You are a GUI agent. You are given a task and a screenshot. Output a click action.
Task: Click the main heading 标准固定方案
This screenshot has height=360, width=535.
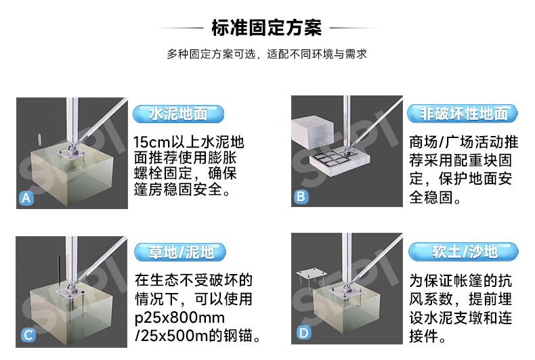click(266, 28)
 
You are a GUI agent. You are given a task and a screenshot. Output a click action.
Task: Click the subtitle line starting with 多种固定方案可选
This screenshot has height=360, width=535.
click(266, 54)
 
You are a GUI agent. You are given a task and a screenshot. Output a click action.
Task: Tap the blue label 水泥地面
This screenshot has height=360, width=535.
click(179, 114)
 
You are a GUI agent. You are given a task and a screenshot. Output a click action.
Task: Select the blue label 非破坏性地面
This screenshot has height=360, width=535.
click(463, 114)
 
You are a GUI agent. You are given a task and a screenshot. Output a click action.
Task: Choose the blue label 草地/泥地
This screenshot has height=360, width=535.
click(180, 252)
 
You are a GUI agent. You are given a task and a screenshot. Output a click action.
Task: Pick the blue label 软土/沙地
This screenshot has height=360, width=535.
click(463, 252)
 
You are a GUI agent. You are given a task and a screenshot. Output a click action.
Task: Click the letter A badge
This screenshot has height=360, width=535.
click(26, 198)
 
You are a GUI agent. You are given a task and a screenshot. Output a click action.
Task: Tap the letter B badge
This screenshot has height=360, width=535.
click(301, 197)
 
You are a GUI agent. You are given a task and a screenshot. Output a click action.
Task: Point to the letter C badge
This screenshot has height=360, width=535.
click(28, 335)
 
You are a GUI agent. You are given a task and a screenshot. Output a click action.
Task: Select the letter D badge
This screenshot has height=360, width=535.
click(303, 332)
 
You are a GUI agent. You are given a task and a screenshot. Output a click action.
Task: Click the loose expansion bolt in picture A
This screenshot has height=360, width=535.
click(39, 139)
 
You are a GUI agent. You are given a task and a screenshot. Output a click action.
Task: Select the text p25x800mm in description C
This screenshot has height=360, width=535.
click(179, 318)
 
